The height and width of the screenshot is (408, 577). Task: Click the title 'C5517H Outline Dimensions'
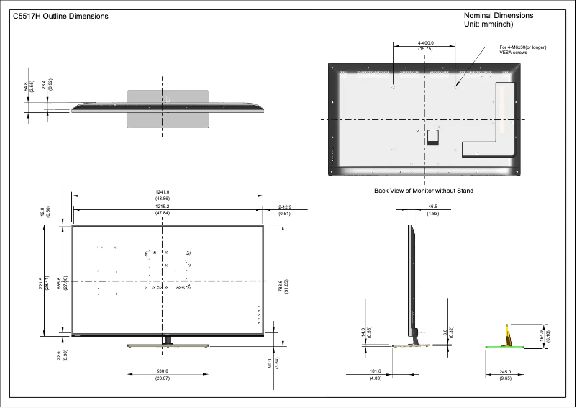60,17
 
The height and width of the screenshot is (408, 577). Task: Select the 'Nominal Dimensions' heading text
499,15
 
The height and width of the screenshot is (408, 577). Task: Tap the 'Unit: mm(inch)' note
489,24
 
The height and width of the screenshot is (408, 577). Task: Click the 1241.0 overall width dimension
163,191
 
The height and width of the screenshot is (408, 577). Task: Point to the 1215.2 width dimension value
163,207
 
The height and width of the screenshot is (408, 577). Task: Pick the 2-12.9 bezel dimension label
284,207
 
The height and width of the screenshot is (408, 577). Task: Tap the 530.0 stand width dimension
168,371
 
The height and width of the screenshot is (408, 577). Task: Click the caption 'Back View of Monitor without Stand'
424,191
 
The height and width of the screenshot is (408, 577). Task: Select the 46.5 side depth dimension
432,207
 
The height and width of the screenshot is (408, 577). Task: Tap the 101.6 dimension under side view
375,371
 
